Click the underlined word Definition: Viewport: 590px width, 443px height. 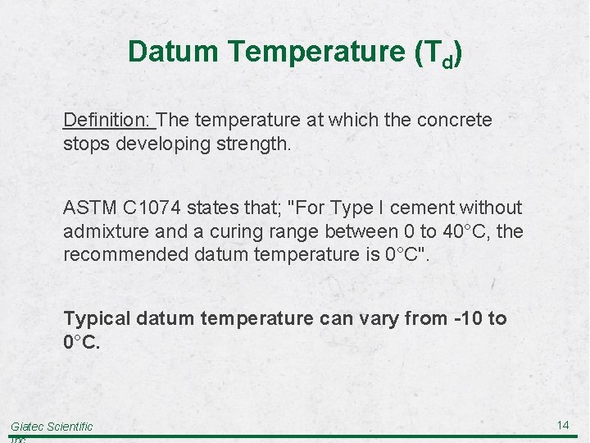click(x=108, y=121)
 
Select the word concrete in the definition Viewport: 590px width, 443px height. click(x=455, y=121)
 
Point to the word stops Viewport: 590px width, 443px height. click(x=87, y=144)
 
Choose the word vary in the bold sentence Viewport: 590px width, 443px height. click(x=379, y=318)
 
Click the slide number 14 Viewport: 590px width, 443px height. click(x=563, y=425)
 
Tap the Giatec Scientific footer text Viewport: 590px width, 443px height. click(x=52, y=427)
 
